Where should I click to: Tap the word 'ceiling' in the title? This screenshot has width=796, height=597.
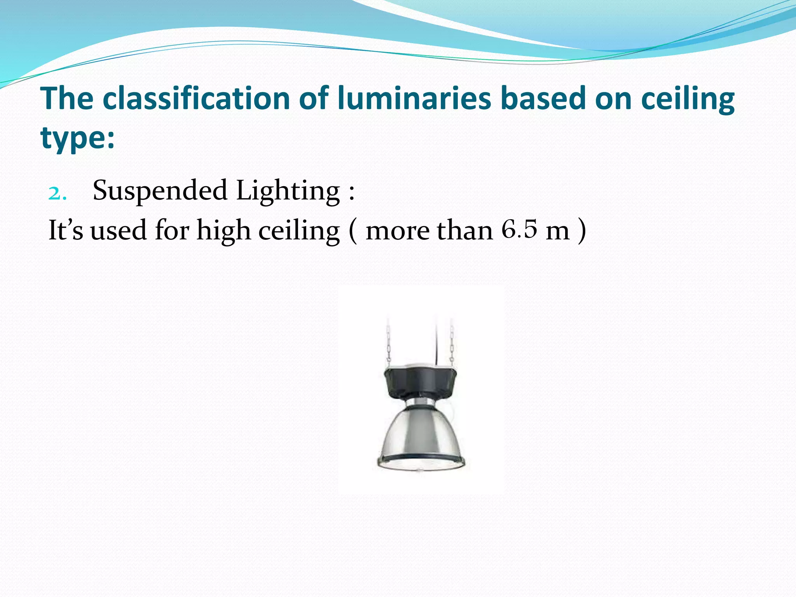click(688, 99)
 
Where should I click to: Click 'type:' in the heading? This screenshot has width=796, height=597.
click(78, 138)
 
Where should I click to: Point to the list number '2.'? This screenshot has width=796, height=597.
click(58, 193)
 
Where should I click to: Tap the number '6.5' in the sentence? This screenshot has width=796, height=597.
click(519, 229)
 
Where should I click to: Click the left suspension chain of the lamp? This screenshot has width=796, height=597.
click(388, 340)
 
